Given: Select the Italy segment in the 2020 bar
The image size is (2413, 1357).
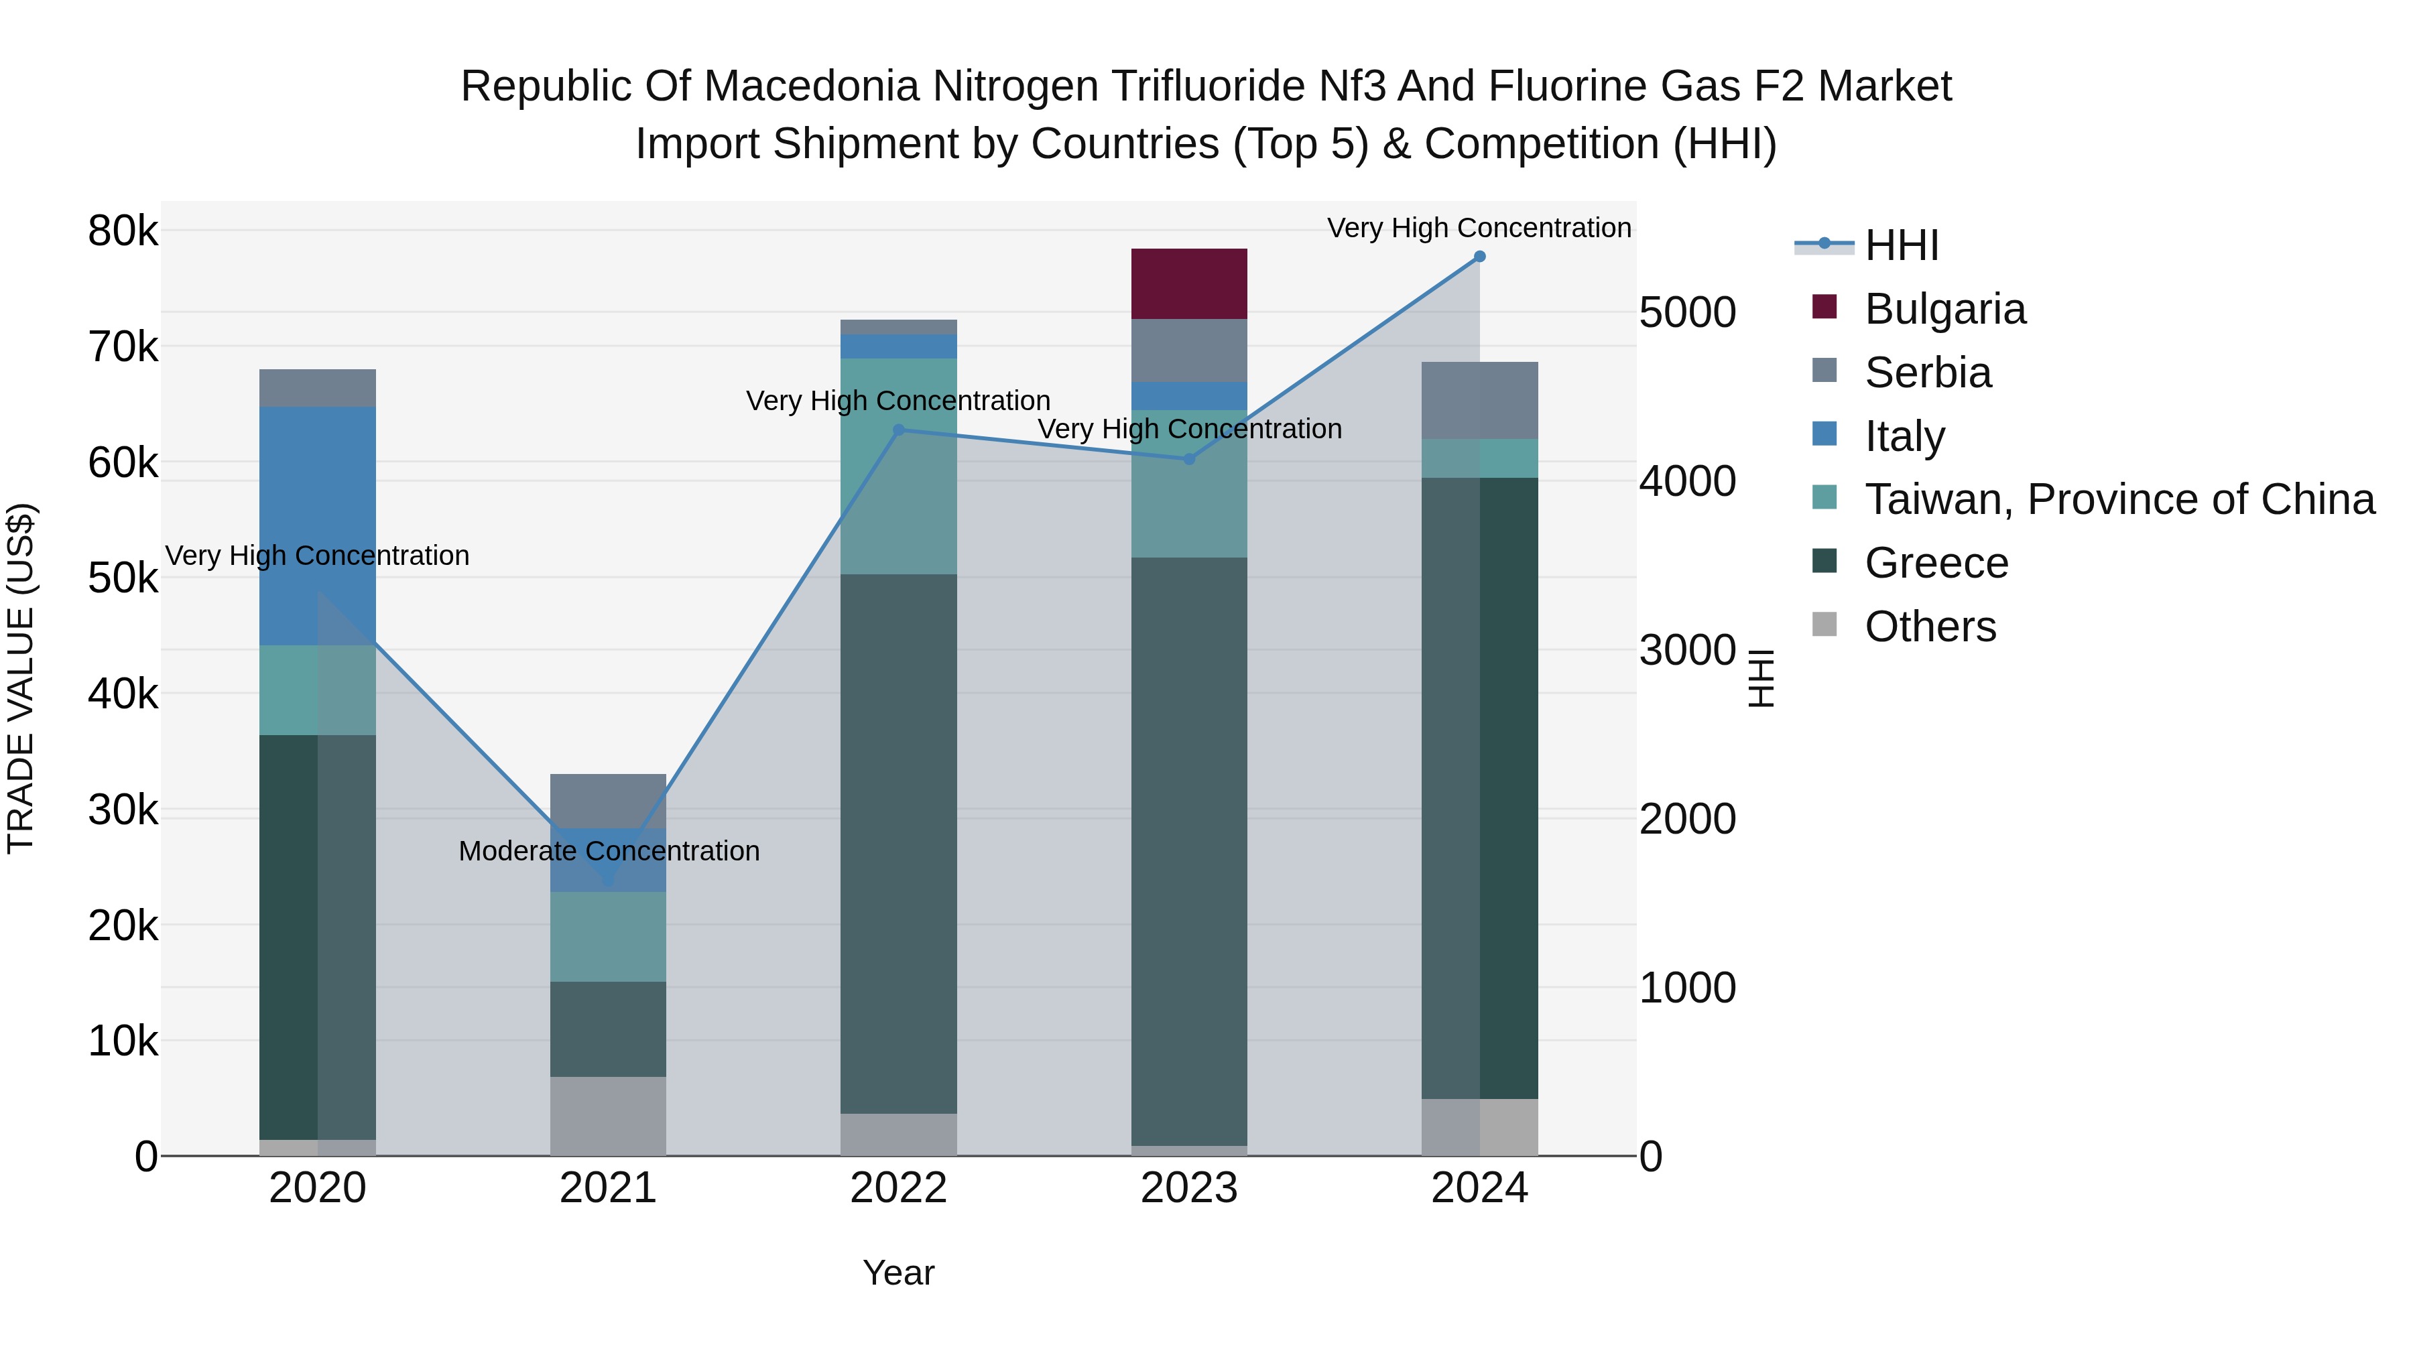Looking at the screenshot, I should [318, 525].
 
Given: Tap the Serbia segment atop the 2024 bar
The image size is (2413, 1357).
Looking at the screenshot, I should [1479, 400].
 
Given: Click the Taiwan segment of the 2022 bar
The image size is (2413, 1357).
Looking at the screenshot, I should [898, 466].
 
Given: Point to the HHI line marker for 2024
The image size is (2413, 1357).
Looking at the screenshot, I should [1479, 257].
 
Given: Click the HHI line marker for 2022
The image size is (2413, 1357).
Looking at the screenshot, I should [898, 431].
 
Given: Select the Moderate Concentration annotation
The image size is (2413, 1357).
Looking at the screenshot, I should [609, 851].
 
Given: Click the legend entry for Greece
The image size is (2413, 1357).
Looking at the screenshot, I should [1935, 563].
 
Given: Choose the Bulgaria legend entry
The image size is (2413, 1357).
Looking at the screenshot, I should [1944, 309].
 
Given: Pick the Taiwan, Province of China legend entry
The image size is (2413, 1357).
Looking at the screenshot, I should [2119, 499].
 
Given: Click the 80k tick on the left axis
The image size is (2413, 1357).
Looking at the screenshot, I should [123, 231].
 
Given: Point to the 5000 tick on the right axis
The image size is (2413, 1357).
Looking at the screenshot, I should [1687, 313].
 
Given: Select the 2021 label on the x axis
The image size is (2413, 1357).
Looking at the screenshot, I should [608, 1188].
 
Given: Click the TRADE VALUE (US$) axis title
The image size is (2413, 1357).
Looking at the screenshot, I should [21, 678].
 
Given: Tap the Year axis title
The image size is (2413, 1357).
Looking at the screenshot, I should [898, 1273].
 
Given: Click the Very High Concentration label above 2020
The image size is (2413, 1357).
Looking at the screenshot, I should [318, 556].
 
